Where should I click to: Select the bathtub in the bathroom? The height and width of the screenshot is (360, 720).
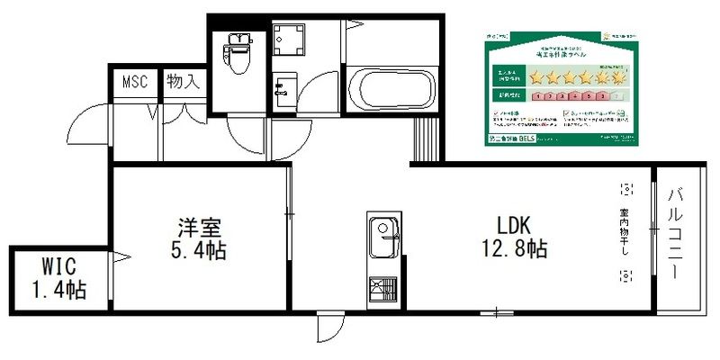tap(390, 88)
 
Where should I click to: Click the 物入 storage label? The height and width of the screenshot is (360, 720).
tap(183, 81)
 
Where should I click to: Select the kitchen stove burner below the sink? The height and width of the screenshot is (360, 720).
tap(382, 290)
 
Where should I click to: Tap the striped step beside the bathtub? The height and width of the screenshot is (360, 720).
tap(425, 139)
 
